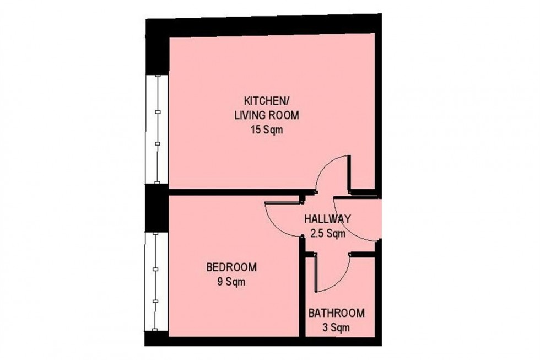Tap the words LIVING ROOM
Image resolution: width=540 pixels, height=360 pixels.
coord(271,116)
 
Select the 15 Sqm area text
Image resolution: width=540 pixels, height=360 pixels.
coord(271,131)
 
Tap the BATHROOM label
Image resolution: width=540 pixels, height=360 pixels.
coord(336,314)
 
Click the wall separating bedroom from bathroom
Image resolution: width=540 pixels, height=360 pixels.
coord(301,292)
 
